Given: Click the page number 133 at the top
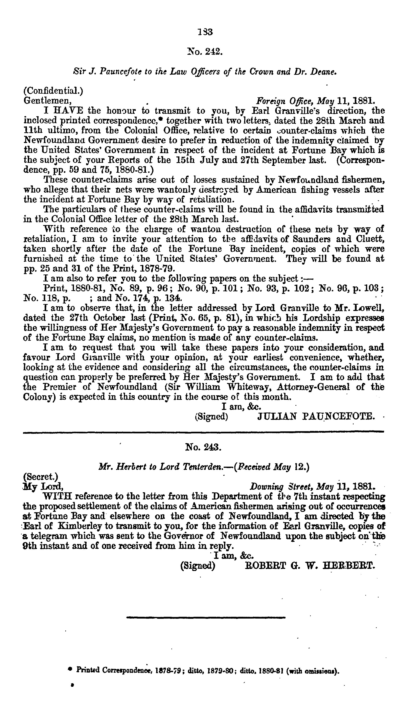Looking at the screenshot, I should click(x=205, y=32).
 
